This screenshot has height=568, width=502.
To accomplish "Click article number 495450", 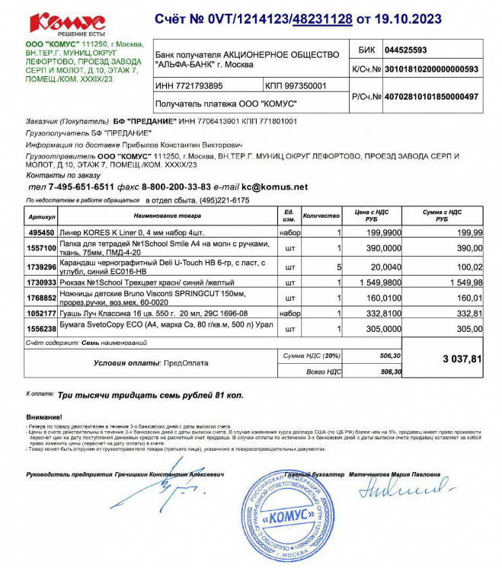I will click(x=41, y=231).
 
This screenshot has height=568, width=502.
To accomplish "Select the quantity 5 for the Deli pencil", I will click(x=337, y=267).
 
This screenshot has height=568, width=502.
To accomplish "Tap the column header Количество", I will click(x=321, y=215).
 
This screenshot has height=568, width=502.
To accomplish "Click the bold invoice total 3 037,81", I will click(x=462, y=359).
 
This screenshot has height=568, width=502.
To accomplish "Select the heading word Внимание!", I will click(x=46, y=417).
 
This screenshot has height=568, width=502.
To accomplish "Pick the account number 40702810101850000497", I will click(x=430, y=97).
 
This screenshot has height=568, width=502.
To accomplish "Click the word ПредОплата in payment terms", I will click(x=187, y=363).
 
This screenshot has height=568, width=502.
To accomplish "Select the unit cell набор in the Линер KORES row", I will click(x=289, y=231).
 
